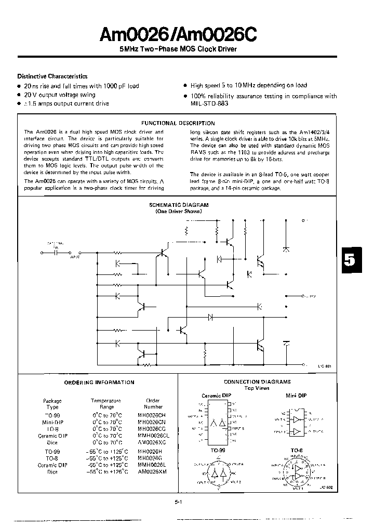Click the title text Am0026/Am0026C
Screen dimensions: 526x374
tap(178, 35)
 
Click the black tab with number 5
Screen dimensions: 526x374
tap(351, 260)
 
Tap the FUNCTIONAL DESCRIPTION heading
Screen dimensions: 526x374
tap(178, 123)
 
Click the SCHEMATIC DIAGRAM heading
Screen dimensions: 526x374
tap(179, 205)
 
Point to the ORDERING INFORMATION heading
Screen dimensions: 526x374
tap(99, 382)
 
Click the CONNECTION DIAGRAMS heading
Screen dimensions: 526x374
tap(257, 382)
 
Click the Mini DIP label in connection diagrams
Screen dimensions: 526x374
tap(296, 396)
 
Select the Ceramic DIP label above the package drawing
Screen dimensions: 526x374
tap(216, 396)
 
